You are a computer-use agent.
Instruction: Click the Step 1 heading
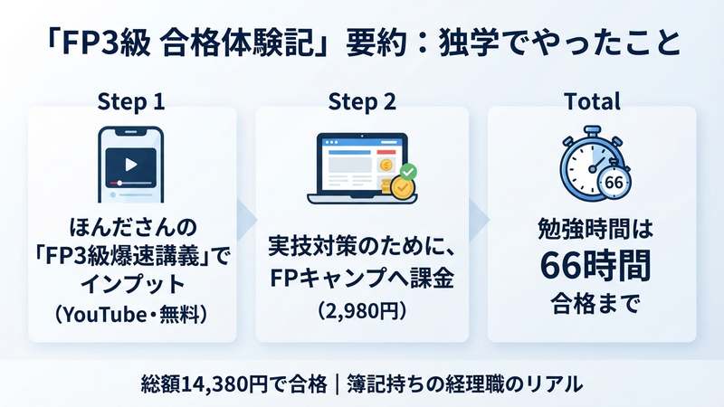(x=131, y=101)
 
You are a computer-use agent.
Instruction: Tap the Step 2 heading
(x=362, y=101)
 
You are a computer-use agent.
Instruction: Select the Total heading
(x=593, y=101)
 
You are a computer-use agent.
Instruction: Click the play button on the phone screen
(x=131, y=165)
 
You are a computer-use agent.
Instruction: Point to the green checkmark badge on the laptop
(x=408, y=172)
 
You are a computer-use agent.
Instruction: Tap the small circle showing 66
(x=614, y=183)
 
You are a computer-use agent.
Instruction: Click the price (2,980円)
(x=362, y=311)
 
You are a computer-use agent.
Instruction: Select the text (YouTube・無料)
(x=131, y=315)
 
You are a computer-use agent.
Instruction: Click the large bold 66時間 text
(x=595, y=266)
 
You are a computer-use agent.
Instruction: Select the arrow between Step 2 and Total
(x=479, y=221)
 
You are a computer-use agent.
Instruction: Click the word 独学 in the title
(x=468, y=43)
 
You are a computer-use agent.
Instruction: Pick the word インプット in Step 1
(x=132, y=284)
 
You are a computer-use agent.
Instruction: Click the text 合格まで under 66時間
(x=595, y=304)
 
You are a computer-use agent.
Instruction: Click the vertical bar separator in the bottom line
(x=337, y=383)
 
